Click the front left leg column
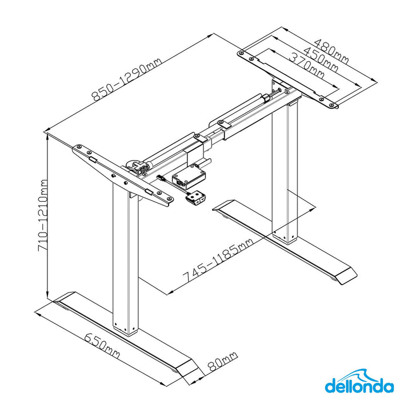125,263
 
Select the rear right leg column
285,171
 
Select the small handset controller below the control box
195,198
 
